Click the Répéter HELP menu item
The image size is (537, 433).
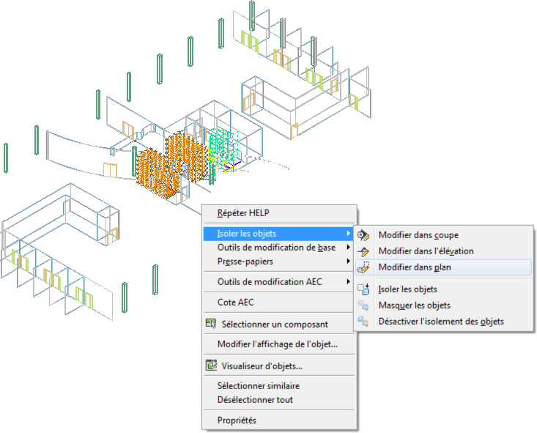[x=243, y=213]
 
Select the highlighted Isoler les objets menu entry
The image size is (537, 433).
[x=247, y=234]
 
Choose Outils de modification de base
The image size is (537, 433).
[x=276, y=248]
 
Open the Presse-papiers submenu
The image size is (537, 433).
[x=245, y=262]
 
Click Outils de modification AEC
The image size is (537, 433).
[x=270, y=282]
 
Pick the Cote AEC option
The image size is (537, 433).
[x=236, y=303]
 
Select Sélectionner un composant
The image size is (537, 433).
[x=275, y=324]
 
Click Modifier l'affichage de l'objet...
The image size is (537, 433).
[x=278, y=344]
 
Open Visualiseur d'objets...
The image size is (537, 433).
[x=262, y=366]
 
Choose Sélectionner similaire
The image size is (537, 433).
[x=258, y=386]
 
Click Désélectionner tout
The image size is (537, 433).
[x=255, y=400]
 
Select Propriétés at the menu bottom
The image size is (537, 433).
[x=237, y=421]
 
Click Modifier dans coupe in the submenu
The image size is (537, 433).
[x=418, y=235]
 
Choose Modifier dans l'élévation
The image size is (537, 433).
[x=426, y=251]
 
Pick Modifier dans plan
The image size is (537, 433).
[x=415, y=267]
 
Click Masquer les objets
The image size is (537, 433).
[x=415, y=306]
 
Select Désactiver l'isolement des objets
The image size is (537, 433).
[x=441, y=322]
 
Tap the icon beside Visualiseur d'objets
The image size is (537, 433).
[x=211, y=365]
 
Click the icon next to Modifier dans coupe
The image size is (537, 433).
[x=363, y=235]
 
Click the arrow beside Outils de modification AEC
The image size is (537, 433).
[x=348, y=281]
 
